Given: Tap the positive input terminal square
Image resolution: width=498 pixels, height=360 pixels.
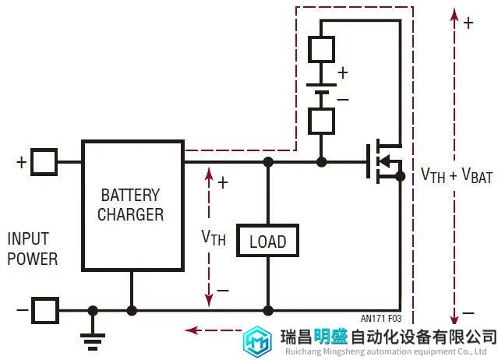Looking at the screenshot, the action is pyautogui.click(x=44, y=162).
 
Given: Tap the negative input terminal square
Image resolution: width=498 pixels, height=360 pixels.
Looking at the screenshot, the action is pyautogui.click(x=45, y=310).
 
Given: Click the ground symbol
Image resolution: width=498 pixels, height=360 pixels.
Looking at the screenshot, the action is pyautogui.click(x=93, y=341).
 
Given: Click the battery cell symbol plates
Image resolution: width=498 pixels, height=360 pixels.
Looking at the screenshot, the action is pyautogui.click(x=321, y=89).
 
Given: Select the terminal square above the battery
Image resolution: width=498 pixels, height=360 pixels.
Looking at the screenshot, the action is pyautogui.click(x=321, y=49).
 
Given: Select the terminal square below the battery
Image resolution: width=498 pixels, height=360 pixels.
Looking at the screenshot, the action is pyautogui.click(x=321, y=121).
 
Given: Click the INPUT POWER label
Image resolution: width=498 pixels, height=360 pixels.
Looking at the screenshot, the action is pyautogui.click(x=33, y=249).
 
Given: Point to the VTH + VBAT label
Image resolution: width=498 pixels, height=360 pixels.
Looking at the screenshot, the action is pyautogui.click(x=457, y=175).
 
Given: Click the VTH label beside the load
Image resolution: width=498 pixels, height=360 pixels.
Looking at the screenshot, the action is pyautogui.click(x=214, y=237).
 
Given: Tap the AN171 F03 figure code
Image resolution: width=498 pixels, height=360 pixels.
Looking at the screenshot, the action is pyautogui.click(x=381, y=318).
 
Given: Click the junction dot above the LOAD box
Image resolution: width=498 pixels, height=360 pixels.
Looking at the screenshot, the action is pyautogui.click(x=268, y=162).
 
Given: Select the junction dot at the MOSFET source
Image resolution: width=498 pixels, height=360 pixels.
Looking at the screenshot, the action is pyautogui.click(x=401, y=176).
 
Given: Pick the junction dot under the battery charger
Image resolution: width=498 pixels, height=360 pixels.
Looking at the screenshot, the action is pyautogui.click(x=132, y=310).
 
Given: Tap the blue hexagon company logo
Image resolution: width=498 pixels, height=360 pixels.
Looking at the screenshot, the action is pyautogui.click(x=257, y=341).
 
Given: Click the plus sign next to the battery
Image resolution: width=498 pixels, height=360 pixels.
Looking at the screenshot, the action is pyautogui.click(x=343, y=73).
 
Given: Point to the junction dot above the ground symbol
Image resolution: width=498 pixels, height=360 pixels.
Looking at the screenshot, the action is pyautogui.click(x=93, y=310).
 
